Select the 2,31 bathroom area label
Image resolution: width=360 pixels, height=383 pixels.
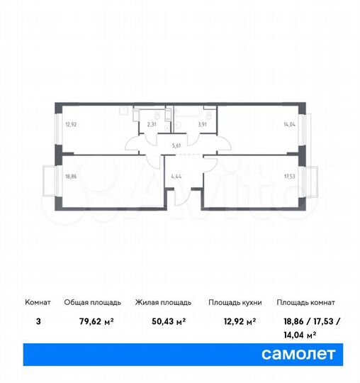(152, 124)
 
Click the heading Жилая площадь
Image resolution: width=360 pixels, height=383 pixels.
(161, 303)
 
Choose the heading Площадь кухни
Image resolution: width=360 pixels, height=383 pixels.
(235, 303)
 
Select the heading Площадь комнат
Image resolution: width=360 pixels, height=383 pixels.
(306, 303)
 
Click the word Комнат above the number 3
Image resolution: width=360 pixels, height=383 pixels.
(39, 303)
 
